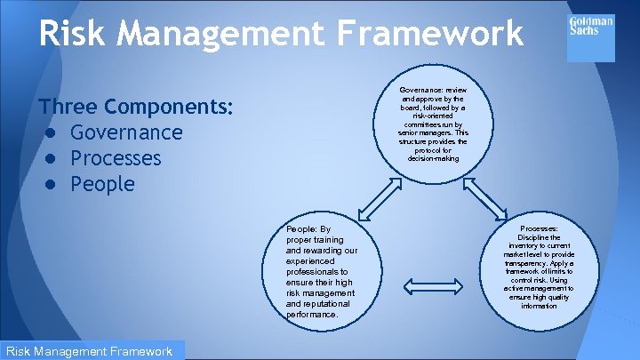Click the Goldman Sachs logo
pos(590,26)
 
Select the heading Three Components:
pos(136,107)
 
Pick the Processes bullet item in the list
pos(116,158)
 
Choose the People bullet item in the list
pos(102,184)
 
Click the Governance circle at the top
pos(433,124)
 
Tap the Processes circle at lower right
pos(540,267)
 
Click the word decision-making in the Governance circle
pos(433,158)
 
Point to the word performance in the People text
pos(312,314)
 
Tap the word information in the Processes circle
pos(540,306)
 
